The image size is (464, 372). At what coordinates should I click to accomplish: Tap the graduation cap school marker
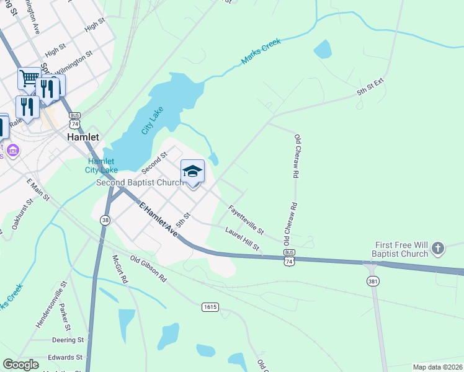(x=192, y=171)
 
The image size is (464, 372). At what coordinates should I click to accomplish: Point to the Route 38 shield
(x=106, y=219)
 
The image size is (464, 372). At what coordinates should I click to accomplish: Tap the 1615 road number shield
(x=210, y=307)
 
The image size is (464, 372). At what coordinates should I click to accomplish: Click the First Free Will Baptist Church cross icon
(x=438, y=249)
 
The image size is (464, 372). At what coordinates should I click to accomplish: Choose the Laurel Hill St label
(x=242, y=239)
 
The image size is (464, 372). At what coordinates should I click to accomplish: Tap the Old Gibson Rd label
(x=148, y=268)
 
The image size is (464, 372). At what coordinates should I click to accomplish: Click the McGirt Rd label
(x=120, y=269)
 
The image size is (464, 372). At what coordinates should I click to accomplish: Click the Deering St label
(x=68, y=340)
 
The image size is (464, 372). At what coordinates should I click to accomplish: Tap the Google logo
(x=20, y=365)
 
